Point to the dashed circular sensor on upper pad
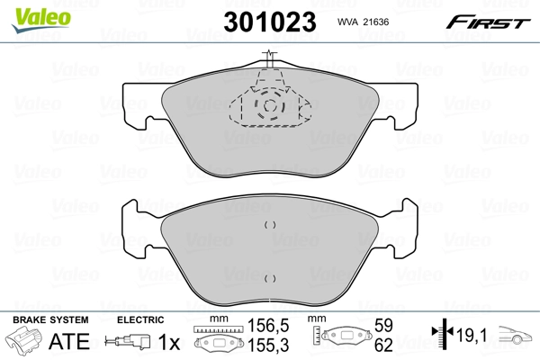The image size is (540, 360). (269, 107)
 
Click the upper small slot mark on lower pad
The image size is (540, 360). (269, 225)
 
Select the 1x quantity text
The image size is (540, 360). (167, 341)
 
